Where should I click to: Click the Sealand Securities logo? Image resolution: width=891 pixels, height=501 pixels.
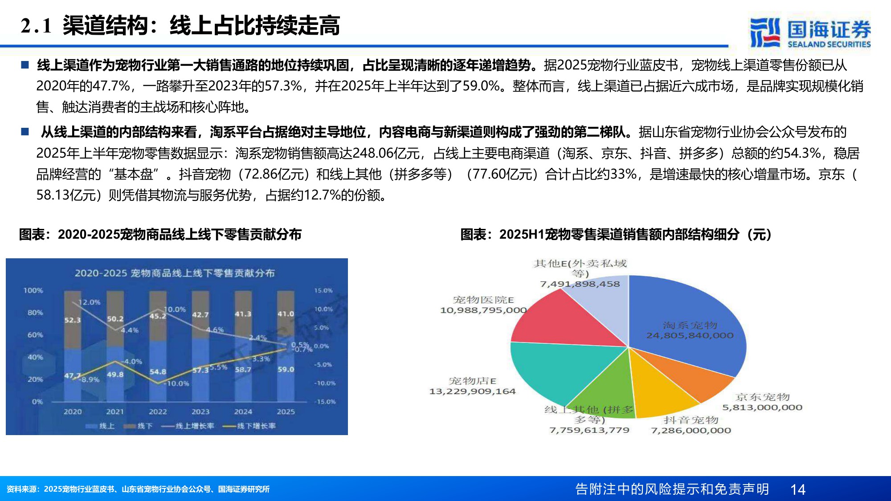click(x=810, y=32)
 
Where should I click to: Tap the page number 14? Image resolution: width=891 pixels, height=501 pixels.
click(x=797, y=489)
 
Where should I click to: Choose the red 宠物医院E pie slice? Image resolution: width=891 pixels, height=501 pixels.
click(x=566, y=321)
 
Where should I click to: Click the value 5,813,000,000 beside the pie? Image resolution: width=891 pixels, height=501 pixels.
click(x=762, y=407)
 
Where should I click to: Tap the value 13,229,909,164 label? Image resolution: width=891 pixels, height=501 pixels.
click(x=472, y=391)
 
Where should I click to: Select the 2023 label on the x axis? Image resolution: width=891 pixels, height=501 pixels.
click(x=200, y=411)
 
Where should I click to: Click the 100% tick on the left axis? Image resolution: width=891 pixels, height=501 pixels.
click(x=33, y=290)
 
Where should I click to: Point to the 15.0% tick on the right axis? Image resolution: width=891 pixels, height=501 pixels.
click(x=323, y=290)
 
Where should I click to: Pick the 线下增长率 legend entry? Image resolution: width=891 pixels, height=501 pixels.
click(x=249, y=426)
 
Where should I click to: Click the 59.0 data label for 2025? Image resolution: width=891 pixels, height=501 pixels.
click(x=286, y=369)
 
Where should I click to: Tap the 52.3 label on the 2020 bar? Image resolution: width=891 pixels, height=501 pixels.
click(x=73, y=320)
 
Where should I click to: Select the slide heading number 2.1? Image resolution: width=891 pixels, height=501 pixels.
click(x=36, y=26)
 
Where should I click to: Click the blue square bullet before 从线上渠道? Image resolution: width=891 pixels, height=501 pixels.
click(x=25, y=132)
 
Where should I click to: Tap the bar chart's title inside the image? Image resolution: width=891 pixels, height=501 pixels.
click(x=175, y=273)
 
